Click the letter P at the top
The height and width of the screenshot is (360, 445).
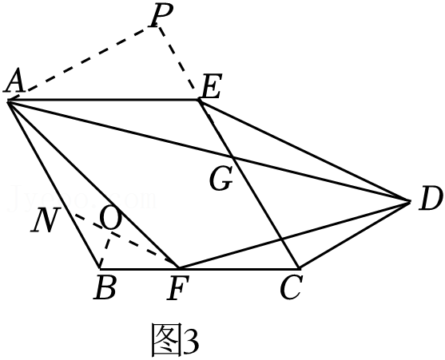tap(162, 16)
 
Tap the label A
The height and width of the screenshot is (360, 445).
tap(14, 81)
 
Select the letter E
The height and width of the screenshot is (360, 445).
tap(212, 86)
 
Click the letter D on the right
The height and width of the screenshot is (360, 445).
tap(431, 199)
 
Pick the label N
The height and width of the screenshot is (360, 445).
tap(46, 220)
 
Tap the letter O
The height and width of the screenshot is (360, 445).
tap(111, 218)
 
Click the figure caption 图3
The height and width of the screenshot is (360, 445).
tap(175, 340)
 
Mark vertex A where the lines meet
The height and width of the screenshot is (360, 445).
tap(9, 101)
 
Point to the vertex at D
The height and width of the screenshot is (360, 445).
tap(410, 201)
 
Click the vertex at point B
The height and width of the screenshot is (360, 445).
tap(100, 268)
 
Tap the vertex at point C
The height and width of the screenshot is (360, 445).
tap(299, 268)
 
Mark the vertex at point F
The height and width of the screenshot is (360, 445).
tap(178, 268)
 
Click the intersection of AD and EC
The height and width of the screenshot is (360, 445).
tap(232, 156)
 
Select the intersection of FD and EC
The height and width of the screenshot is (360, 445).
tap(280, 238)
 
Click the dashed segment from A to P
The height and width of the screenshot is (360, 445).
tap(79, 64)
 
